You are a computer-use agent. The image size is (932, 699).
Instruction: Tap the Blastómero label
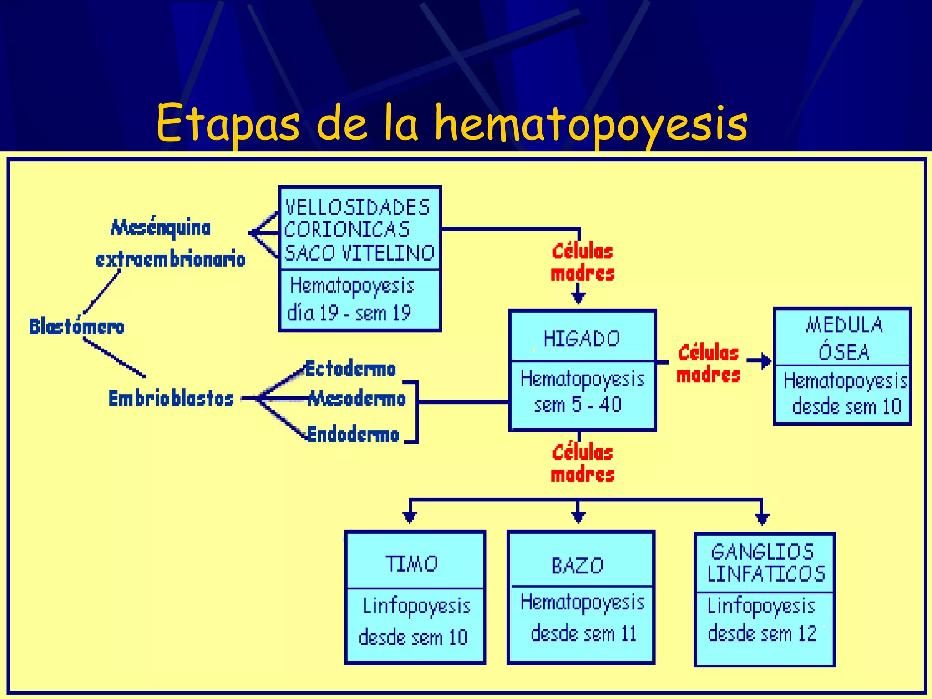pos(76,327)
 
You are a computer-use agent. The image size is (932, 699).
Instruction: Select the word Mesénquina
pos(161,228)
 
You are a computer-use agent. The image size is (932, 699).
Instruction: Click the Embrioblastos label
pos(171,399)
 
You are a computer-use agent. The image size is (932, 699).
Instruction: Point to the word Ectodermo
pos(350,369)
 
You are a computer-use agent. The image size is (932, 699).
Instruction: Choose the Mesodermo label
pos(357,399)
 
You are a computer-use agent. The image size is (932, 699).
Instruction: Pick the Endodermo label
pos(353,434)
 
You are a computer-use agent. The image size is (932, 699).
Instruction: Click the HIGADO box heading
pos(582,339)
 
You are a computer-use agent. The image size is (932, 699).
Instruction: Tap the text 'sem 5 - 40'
pos(577,405)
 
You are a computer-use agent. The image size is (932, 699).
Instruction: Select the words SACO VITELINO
pos(360,253)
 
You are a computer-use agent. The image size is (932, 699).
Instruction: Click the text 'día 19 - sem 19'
pos(349,313)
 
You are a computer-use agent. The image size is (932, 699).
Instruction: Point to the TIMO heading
pos(412,564)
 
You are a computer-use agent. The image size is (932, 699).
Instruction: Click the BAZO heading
pos(577,566)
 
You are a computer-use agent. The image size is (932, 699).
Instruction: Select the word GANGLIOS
pos(762,552)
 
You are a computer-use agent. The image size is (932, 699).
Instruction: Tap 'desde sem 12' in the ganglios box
pos(762,633)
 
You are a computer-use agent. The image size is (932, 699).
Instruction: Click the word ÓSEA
pos(844,352)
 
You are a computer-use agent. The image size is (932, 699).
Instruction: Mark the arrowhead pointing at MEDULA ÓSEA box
pos(766,361)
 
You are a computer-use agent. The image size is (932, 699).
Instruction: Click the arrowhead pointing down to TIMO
pos(410,517)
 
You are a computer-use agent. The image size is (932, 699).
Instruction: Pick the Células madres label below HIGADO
pos(582,463)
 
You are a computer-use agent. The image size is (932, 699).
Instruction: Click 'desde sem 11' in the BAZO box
pos(583,633)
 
